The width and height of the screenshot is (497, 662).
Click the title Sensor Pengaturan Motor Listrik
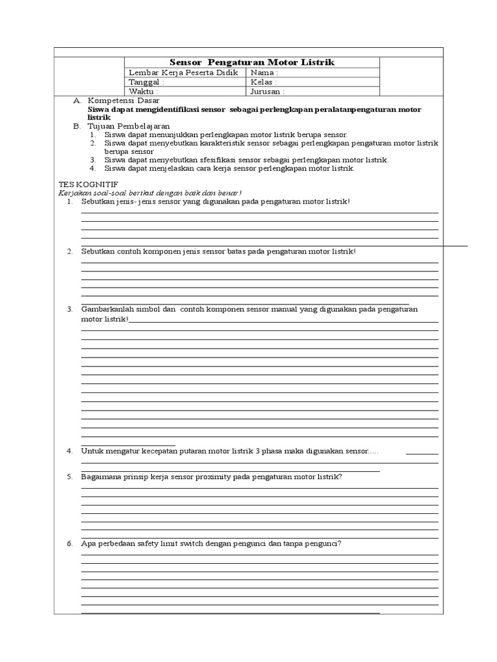(x=252, y=62)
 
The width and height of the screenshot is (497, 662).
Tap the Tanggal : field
(x=184, y=82)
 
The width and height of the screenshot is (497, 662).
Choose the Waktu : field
(x=184, y=91)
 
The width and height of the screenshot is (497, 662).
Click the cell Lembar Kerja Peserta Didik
(x=184, y=73)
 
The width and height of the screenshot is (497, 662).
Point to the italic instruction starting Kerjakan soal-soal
(x=149, y=193)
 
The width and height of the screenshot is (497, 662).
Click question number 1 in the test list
(x=69, y=202)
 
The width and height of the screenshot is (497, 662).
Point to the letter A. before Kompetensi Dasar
(x=77, y=101)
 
